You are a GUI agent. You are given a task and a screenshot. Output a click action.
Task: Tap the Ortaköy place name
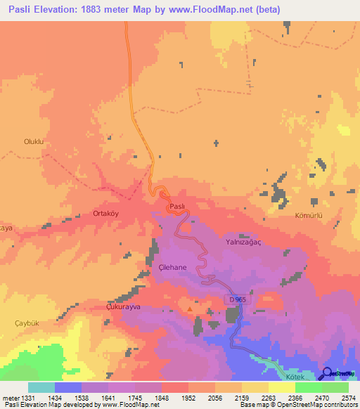coord(108,213)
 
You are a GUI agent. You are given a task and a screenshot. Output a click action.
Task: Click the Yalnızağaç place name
coord(243,241)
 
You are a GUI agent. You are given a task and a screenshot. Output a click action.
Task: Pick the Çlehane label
coord(172,268)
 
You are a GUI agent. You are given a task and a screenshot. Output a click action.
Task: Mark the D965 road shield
coord(236,299)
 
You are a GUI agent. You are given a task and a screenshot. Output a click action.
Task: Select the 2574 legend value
coord(349,397)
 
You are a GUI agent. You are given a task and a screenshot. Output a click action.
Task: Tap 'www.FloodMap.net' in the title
coord(227,9)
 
